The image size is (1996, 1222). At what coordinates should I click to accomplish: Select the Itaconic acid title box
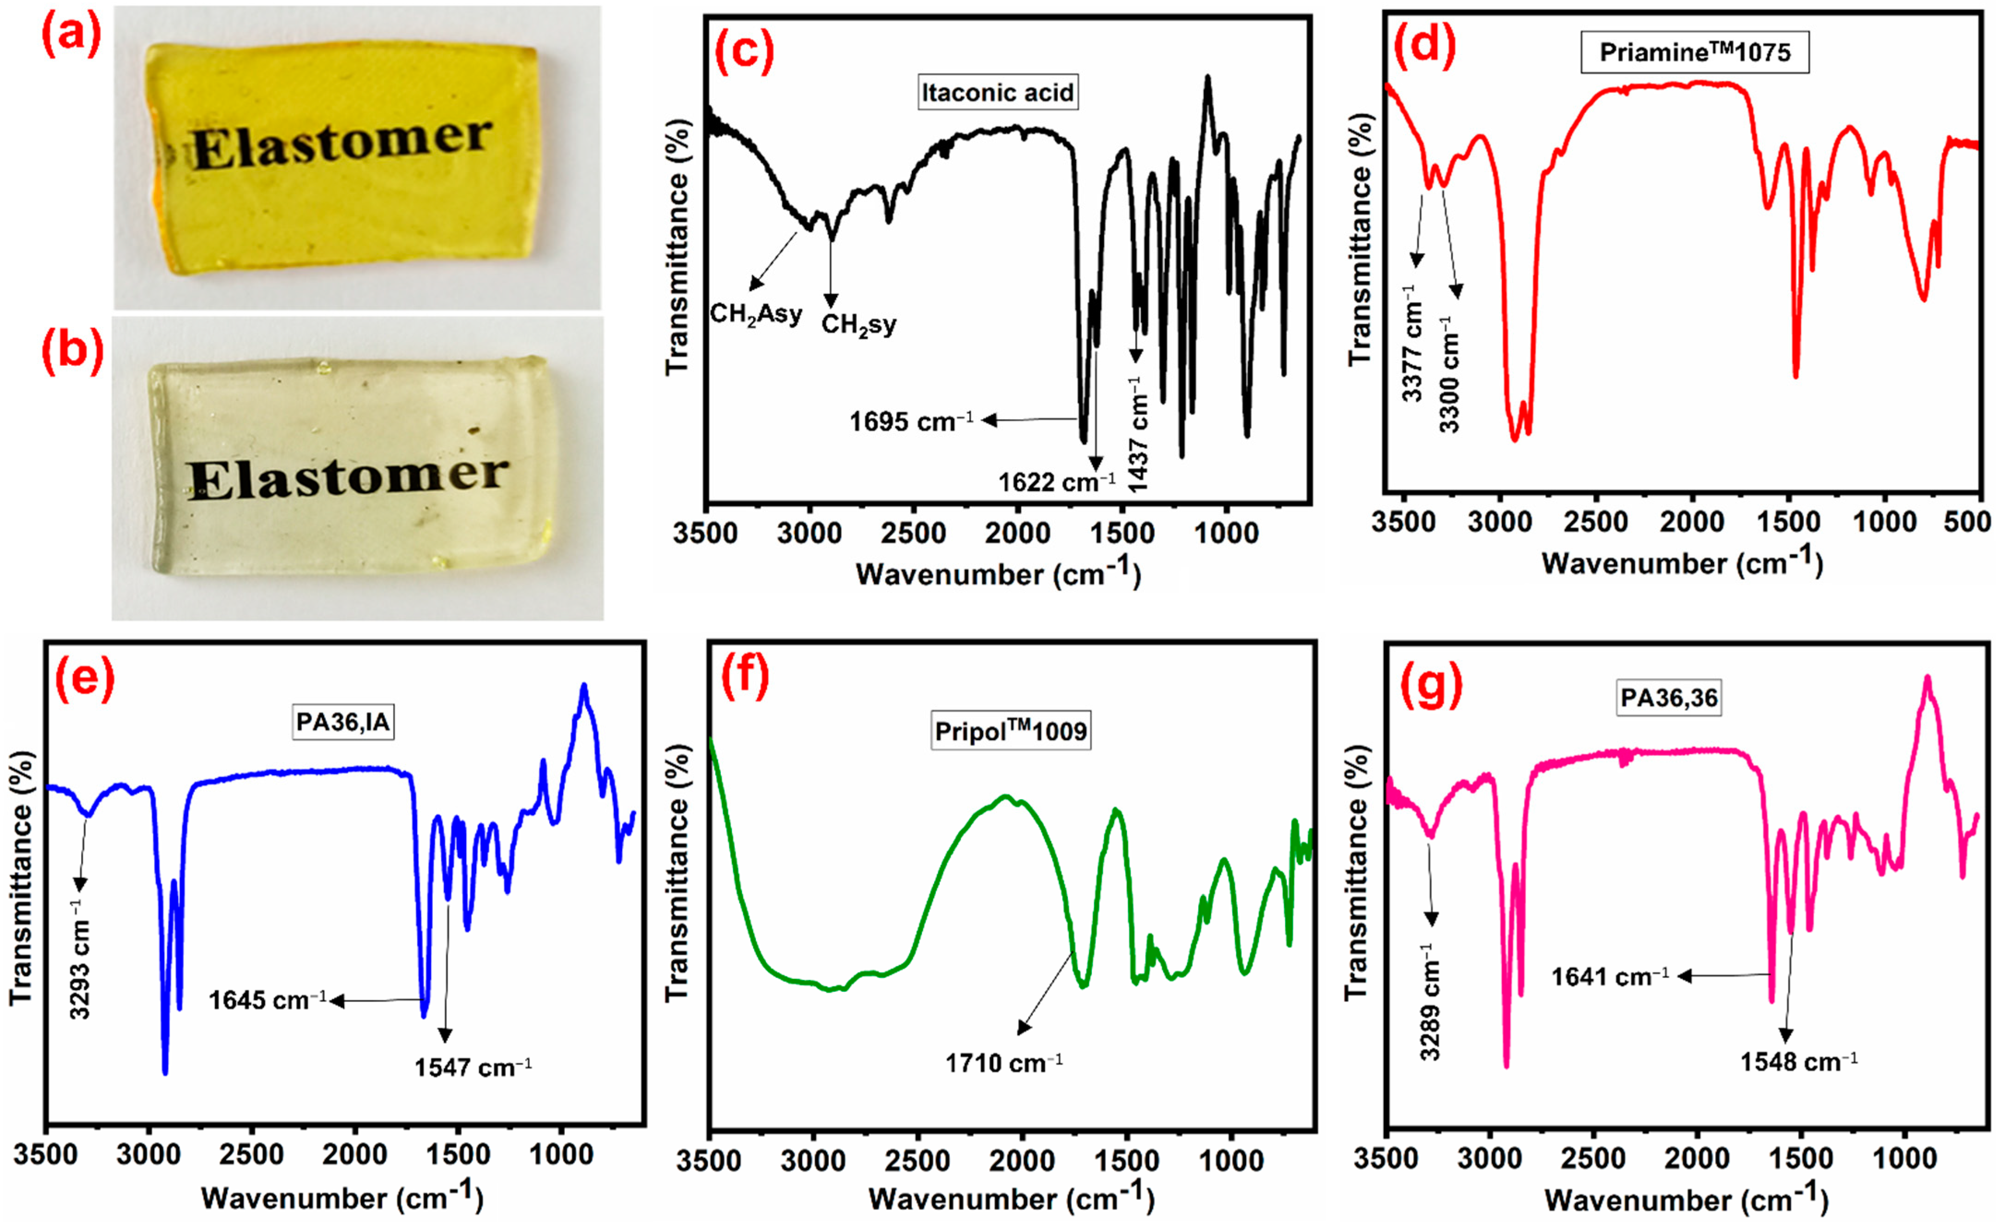point(997,92)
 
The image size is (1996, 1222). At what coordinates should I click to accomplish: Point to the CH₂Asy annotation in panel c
point(756,314)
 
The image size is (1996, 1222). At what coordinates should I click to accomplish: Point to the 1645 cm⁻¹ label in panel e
point(267,1000)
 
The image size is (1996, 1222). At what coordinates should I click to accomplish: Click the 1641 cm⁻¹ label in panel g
point(1610,977)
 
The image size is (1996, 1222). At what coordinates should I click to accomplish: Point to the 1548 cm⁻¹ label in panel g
point(1799,1061)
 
